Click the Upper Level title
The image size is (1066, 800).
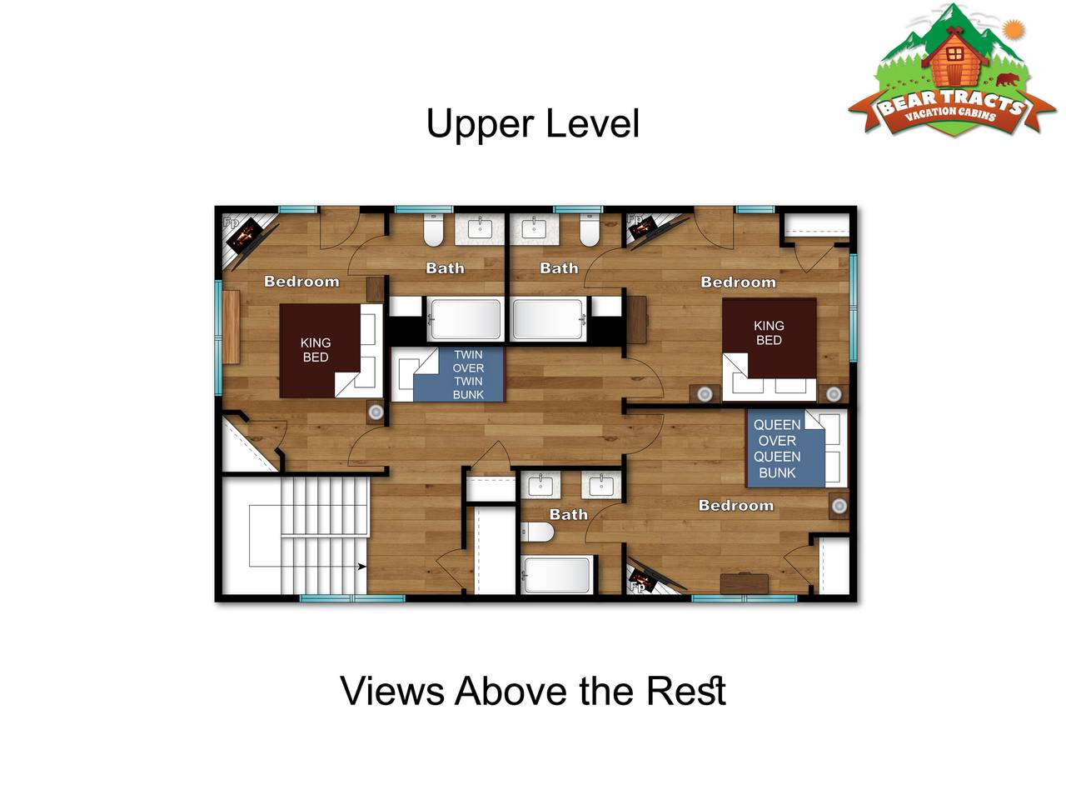(532, 124)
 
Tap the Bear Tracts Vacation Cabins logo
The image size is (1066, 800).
(952, 71)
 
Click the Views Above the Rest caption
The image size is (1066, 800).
(533, 691)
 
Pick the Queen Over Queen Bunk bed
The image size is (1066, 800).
(785, 447)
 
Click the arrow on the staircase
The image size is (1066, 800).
(361, 567)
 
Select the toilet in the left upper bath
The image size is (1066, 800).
(433, 230)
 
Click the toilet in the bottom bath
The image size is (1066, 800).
(537, 532)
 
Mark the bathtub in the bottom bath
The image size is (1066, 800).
(556, 575)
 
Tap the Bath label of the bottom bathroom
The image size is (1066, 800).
(568, 514)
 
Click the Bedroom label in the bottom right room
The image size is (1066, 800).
(735, 506)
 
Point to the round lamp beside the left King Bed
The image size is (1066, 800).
(376, 412)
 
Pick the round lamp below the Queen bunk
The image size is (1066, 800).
(839, 506)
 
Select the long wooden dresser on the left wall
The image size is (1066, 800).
(232, 327)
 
